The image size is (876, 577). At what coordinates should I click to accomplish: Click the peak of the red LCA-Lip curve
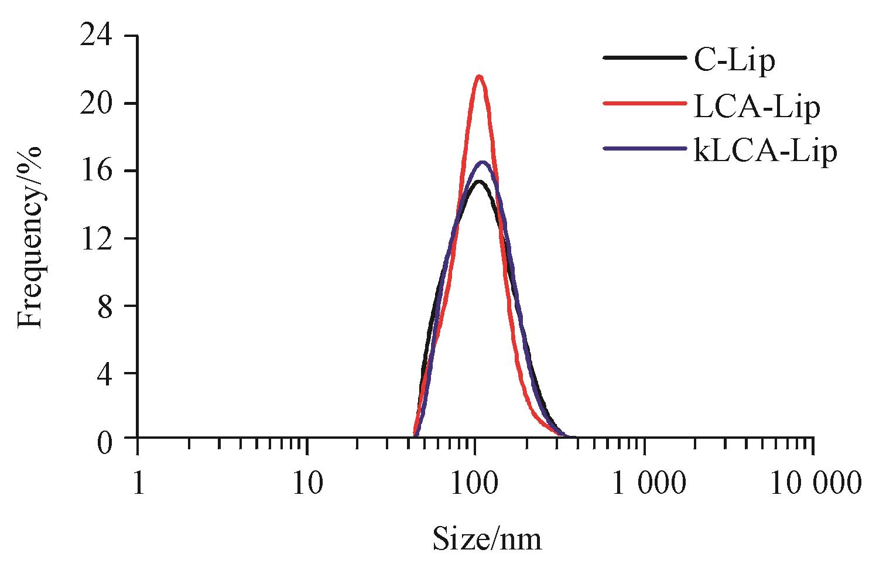click(480, 76)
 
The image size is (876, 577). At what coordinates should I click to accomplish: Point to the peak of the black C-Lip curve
click(478, 182)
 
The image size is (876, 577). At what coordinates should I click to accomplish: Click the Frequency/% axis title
click(30, 237)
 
